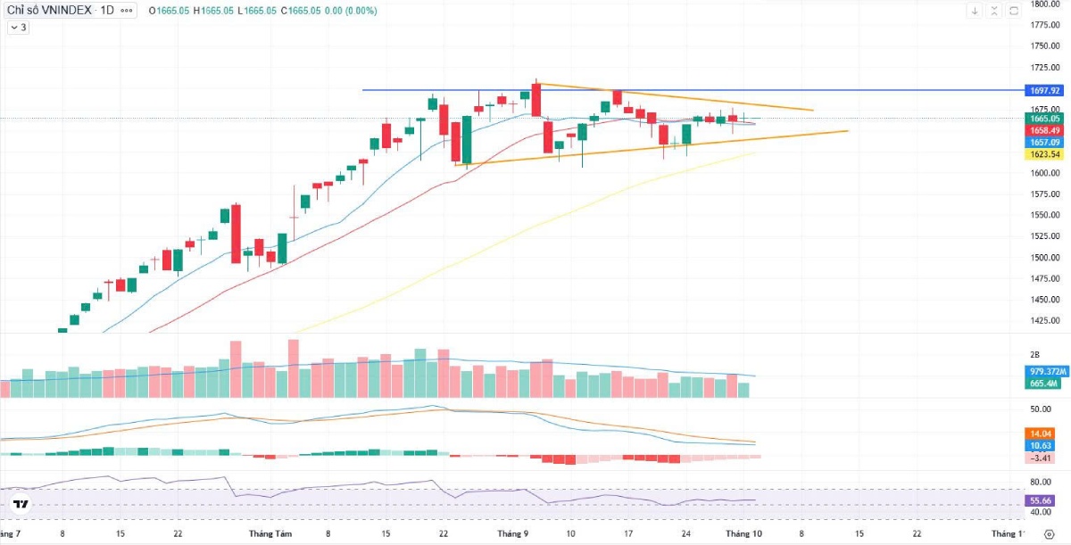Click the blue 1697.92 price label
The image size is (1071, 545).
tap(1044, 90)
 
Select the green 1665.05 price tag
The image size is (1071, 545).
tap(1044, 119)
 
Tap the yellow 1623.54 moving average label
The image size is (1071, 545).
tap(1044, 154)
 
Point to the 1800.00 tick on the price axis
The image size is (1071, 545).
tap(1044, 4)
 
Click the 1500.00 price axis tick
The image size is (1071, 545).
tap(1044, 258)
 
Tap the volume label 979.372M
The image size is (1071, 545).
tap(1044, 371)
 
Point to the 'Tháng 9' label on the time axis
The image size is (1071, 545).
tap(512, 533)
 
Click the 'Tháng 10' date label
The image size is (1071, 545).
tap(743, 533)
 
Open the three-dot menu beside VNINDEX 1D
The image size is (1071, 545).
tap(127, 11)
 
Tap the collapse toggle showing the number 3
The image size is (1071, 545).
tap(19, 28)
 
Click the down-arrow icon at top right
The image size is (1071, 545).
tap(975, 11)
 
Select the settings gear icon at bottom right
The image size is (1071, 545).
tap(1050, 533)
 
